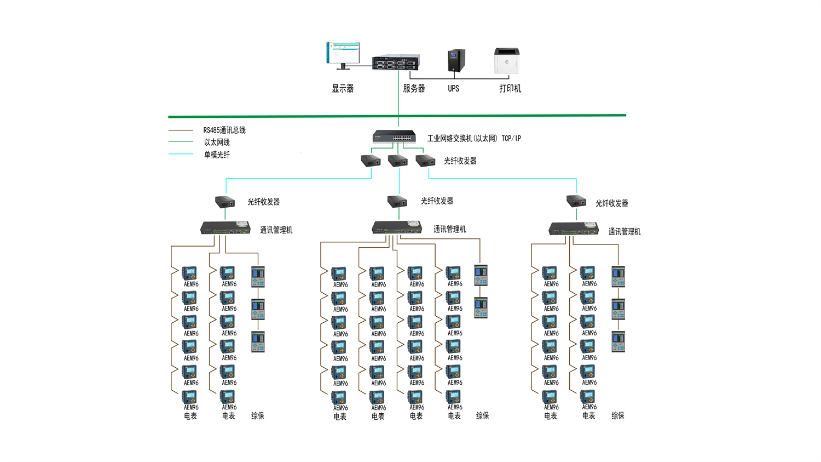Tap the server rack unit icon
click(396, 62)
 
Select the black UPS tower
click(456, 60)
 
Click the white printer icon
click(506, 60)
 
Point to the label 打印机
click(510, 88)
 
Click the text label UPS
click(453, 88)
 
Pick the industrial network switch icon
click(394, 136)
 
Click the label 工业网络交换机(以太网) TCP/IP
click(473, 138)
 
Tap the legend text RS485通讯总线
click(224, 130)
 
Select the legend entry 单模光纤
click(217, 155)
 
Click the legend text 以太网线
click(217, 142)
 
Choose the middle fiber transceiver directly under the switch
click(398, 161)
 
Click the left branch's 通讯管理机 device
click(225, 227)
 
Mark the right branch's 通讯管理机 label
click(624, 231)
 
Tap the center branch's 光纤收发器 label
click(437, 201)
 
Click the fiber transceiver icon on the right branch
click(576, 201)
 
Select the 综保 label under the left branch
click(257, 415)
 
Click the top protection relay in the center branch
click(481, 275)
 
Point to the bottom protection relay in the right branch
click(618, 341)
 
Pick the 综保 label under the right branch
click(617, 415)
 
